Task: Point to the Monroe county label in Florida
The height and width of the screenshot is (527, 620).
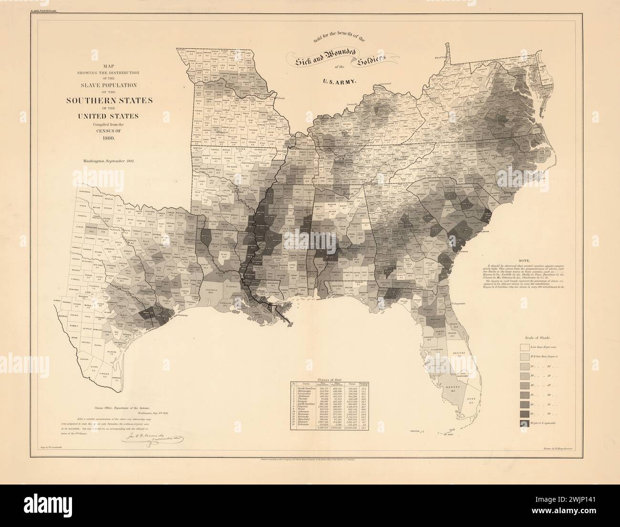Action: pyautogui.click(x=452, y=386)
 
